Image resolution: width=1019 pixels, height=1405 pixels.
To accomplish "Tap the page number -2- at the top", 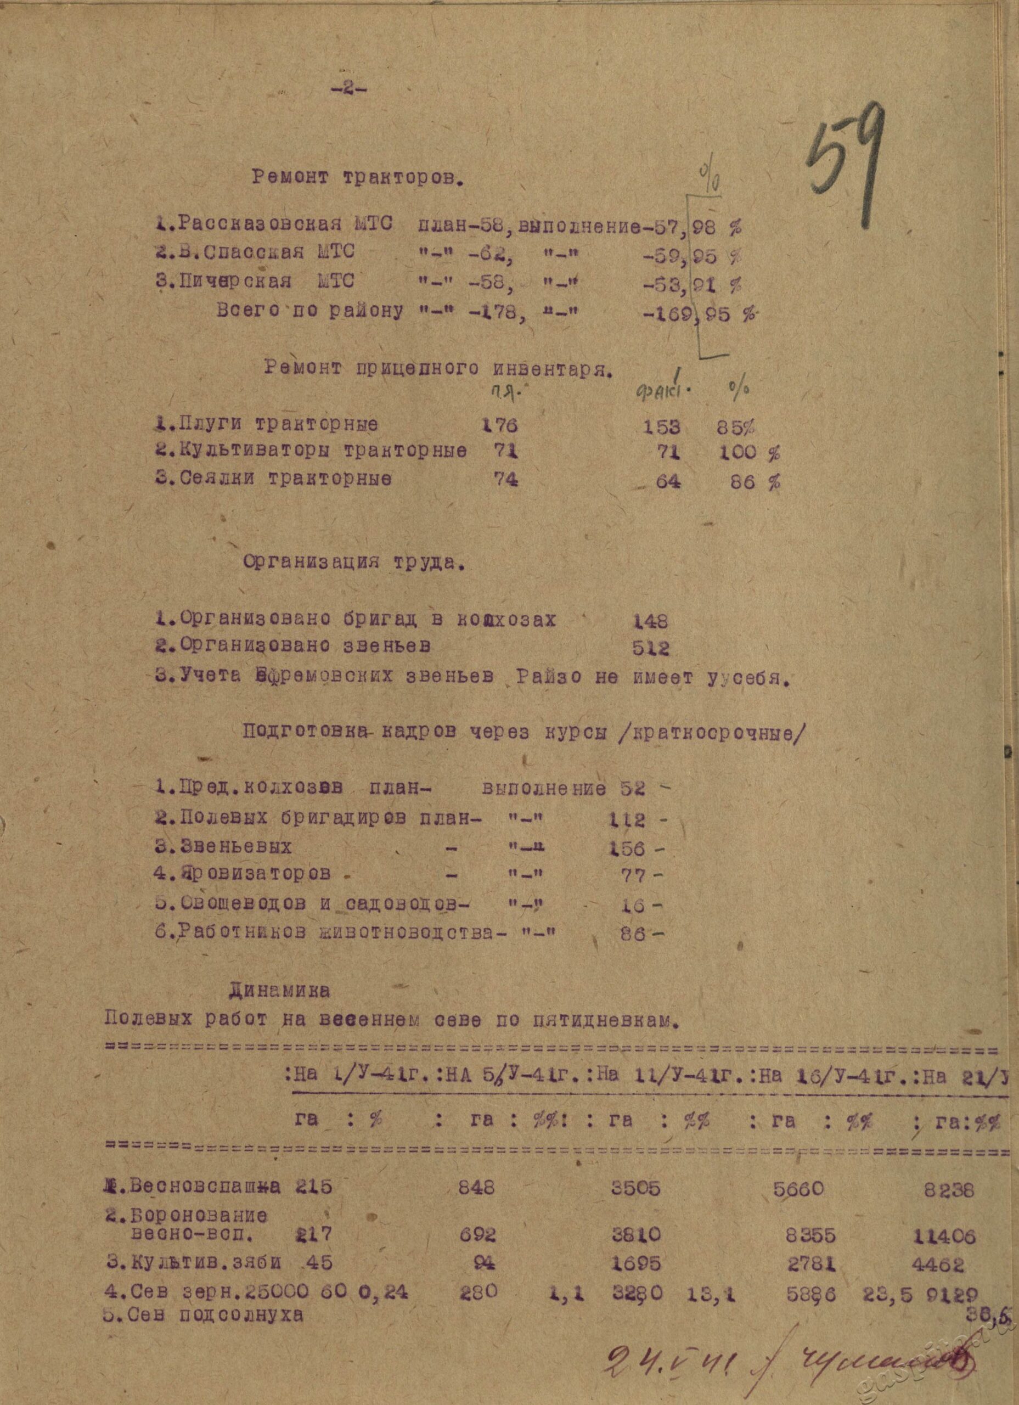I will click(x=349, y=88).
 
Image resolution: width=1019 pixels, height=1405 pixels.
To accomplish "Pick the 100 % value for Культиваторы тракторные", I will click(x=748, y=453).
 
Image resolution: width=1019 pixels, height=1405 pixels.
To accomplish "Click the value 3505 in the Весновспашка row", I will click(x=634, y=1188).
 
